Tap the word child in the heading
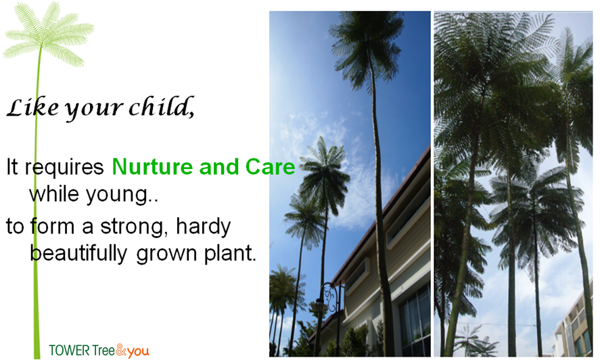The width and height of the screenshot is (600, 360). click(162, 106)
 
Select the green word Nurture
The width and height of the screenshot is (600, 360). click(153, 166)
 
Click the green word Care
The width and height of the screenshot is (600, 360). click(270, 166)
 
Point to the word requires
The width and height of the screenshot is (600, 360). click(64, 168)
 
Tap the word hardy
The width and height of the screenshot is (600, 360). click(203, 226)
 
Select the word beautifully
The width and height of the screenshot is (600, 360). click(78, 254)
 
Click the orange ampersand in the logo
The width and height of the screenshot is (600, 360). click(121, 350)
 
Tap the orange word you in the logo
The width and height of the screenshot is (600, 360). click(138, 352)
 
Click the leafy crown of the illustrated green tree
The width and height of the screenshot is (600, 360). click(48, 34)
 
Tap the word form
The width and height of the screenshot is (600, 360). click(52, 226)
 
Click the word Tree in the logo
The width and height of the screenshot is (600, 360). click(103, 351)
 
